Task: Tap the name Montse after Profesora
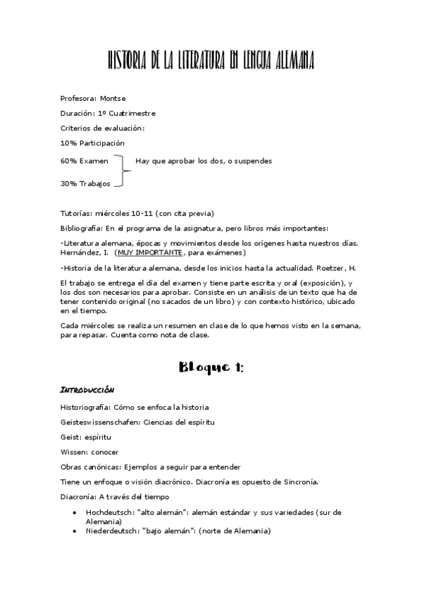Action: click(x=113, y=98)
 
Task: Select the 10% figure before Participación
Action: click(x=68, y=143)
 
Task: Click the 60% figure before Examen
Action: click(x=68, y=161)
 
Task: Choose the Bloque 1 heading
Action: click(x=211, y=366)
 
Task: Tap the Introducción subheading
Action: click(x=88, y=390)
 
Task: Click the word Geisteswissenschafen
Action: click(x=100, y=422)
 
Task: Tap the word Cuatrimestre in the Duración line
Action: click(x=132, y=113)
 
